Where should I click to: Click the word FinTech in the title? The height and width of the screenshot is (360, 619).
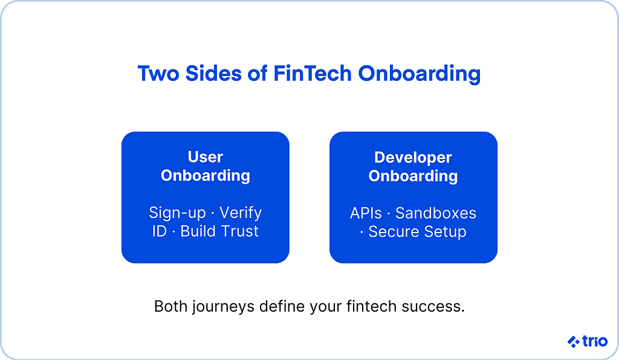pos(312,73)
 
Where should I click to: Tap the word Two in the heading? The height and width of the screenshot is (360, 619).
pos(158,73)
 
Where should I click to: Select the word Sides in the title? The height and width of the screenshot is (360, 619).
pos(213,73)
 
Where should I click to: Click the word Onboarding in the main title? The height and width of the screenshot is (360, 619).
pos(420,74)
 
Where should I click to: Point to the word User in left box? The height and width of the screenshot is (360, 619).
pos(206,157)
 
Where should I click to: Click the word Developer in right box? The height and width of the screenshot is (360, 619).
pos(413,158)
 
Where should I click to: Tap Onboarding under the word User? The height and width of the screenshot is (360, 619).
pos(206,176)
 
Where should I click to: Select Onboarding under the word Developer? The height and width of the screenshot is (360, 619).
pos(413,176)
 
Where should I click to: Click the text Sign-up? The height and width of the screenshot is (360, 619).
pos(177,213)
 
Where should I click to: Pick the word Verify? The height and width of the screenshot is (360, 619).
pos(241,213)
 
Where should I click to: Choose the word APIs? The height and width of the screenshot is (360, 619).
pos(366,213)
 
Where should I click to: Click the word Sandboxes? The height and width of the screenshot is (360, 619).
pos(436,213)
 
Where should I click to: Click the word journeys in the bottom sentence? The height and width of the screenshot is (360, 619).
pos(224,307)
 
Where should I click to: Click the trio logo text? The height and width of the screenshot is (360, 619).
pos(595,341)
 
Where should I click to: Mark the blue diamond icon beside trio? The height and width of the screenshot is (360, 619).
pos(574,341)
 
